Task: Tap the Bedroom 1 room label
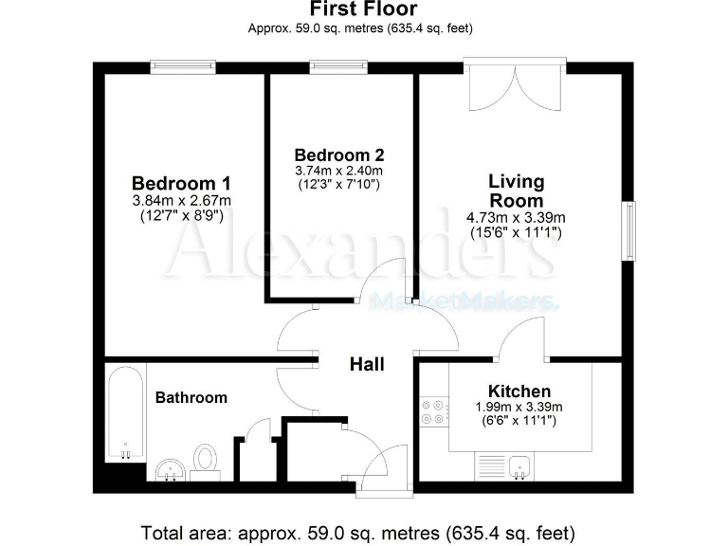pyautogui.click(x=181, y=183)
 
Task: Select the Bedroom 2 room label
pyautogui.click(x=339, y=155)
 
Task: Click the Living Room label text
pyautogui.click(x=516, y=191)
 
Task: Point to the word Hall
pyautogui.click(x=367, y=363)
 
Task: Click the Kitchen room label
pyautogui.click(x=519, y=391)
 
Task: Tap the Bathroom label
pyautogui.click(x=191, y=397)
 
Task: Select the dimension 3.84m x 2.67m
pyautogui.click(x=182, y=200)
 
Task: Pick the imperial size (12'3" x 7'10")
pyautogui.click(x=339, y=184)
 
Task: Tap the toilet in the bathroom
pyautogui.click(x=205, y=461)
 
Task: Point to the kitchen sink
pyautogui.click(x=518, y=465)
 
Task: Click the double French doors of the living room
pyautogui.click(x=515, y=87)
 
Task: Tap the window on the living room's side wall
pyautogui.click(x=628, y=230)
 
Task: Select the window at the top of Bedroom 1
pyautogui.click(x=183, y=66)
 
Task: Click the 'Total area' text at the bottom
pyautogui.click(x=357, y=532)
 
